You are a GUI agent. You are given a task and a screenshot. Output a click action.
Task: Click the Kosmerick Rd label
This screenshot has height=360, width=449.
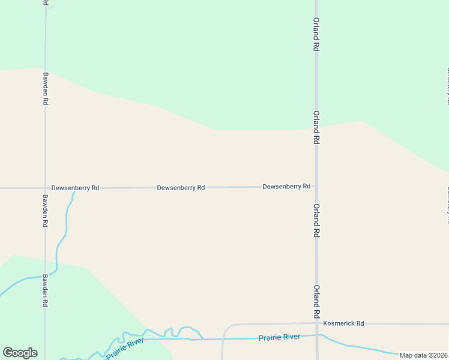pyautogui.click(x=343, y=323)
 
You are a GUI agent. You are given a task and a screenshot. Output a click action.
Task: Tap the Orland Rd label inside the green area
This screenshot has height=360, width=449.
pyautogui.click(x=316, y=37)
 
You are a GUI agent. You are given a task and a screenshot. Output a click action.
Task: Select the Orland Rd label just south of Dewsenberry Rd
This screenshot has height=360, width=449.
pyautogui.click(x=316, y=220)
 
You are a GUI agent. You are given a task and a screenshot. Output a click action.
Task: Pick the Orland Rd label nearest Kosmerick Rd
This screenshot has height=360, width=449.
pyautogui.click(x=316, y=301)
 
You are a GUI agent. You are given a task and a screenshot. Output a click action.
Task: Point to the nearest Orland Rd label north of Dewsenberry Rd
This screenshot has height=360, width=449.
pyautogui.click(x=316, y=127)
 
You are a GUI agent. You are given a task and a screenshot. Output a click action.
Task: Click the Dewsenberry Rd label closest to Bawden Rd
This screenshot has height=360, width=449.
pyautogui.click(x=75, y=188)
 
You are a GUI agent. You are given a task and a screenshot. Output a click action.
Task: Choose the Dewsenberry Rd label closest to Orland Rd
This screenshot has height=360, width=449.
pyautogui.click(x=286, y=187)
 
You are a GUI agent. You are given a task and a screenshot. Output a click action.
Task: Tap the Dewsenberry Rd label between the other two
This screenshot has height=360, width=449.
pyautogui.click(x=181, y=188)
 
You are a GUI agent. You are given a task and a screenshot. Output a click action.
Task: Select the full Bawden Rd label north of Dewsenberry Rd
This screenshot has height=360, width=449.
pyautogui.click(x=45, y=89)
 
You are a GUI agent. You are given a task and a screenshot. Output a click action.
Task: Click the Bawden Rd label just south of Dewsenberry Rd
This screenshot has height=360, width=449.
pyautogui.click(x=45, y=211)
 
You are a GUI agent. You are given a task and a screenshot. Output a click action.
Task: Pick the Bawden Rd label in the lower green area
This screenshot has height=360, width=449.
pyautogui.click(x=45, y=291)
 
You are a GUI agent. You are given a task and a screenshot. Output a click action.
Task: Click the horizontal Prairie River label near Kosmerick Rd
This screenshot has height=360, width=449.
pyautogui.click(x=279, y=337)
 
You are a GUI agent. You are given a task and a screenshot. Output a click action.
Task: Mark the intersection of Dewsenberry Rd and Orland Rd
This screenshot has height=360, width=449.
pyautogui.click(x=316, y=187)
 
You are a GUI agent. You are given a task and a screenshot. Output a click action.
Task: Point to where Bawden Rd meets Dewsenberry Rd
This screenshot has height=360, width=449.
pyautogui.click(x=45, y=188)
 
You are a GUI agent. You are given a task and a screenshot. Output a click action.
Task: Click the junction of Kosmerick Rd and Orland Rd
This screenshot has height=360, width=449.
pyautogui.click(x=316, y=323)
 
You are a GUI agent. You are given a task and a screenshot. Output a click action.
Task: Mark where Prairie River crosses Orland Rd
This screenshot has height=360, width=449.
pyautogui.click(x=317, y=335)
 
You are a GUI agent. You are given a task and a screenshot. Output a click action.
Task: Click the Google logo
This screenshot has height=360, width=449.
pyautogui.click(x=20, y=353)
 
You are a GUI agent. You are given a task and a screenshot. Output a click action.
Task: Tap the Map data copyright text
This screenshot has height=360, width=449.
pyautogui.click(x=424, y=355)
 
